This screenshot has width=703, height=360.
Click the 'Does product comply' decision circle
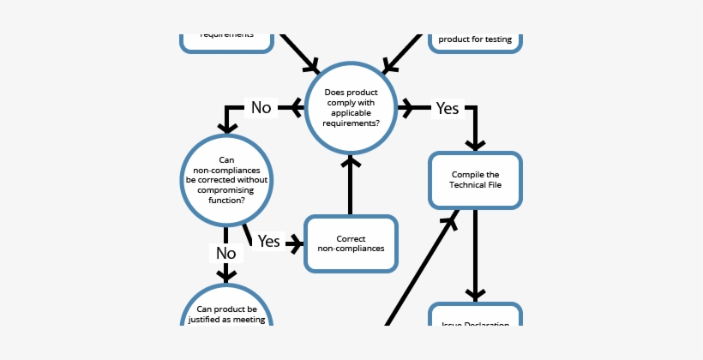pyautogui.click(x=351, y=108)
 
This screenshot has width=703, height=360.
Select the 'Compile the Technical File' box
pyautogui.click(x=475, y=180)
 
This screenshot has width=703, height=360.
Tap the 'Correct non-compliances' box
pyautogui.click(x=351, y=243)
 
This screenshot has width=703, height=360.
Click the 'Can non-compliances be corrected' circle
pyautogui.click(x=226, y=179)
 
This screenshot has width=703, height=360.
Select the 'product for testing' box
pyautogui.click(x=475, y=39)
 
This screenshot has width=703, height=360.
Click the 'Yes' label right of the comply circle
pyautogui.click(x=448, y=108)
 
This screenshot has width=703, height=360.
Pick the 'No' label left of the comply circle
pyautogui.click(x=261, y=108)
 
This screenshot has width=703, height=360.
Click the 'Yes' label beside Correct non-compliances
pyautogui.click(x=269, y=243)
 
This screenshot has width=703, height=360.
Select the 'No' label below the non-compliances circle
pyautogui.click(x=226, y=254)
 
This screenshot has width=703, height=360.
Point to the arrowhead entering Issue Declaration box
pyautogui.click(x=475, y=291)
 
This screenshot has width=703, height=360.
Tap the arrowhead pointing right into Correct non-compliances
pyautogui.click(x=297, y=243)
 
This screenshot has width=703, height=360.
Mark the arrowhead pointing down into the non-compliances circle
pyautogui.click(x=226, y=125)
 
